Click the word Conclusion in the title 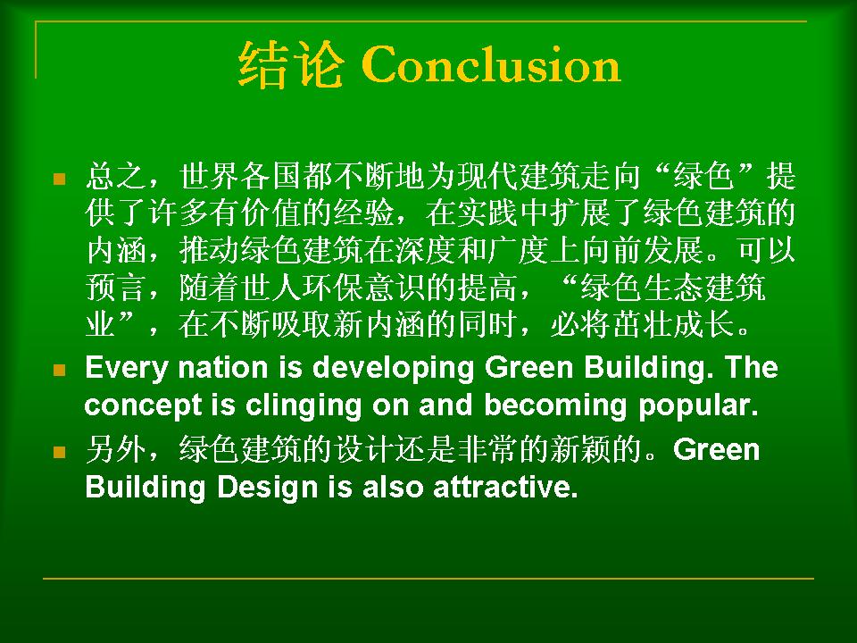coord(490,64)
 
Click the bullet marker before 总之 coord(60,179)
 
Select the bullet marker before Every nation coord(60,370)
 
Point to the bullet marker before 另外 coord(60,452)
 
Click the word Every coord(126,369)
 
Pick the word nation coord(223,367)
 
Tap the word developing coord(393,369)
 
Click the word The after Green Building coord(752,367)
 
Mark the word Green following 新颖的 coord(717,450)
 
